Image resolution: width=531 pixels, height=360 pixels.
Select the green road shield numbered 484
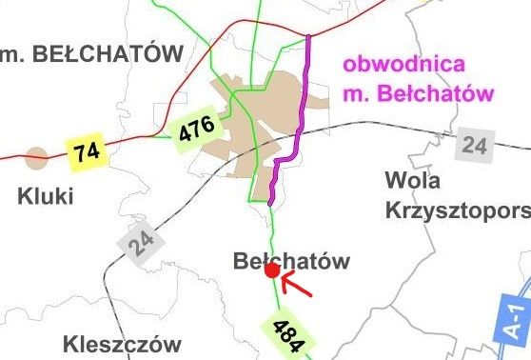(289, 335)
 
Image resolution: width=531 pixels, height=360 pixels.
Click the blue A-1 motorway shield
(515, 319)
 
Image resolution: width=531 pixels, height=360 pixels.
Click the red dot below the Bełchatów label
(271, 271)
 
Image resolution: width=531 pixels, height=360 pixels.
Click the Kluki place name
(46, 197)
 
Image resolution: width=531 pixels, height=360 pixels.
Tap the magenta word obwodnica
(405, 66)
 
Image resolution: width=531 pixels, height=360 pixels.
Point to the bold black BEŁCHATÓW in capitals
(105, 54)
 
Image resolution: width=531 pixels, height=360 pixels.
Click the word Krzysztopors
(457, 211)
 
